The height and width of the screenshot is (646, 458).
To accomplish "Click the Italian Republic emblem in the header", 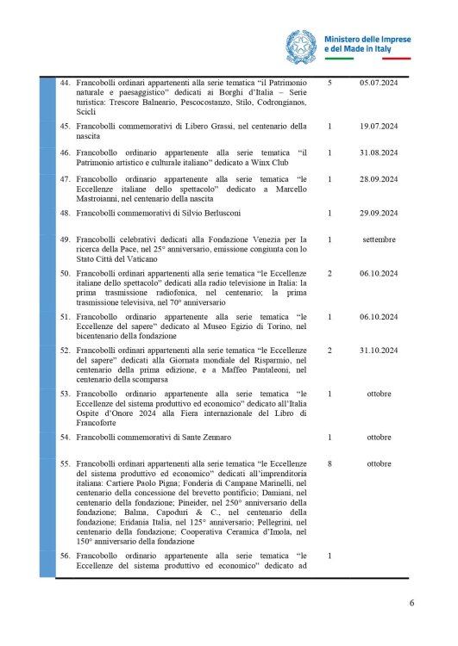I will click(301, 45).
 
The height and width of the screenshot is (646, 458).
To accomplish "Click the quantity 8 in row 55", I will click(330, 463).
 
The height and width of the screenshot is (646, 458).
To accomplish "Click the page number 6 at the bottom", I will click(411, 602).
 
